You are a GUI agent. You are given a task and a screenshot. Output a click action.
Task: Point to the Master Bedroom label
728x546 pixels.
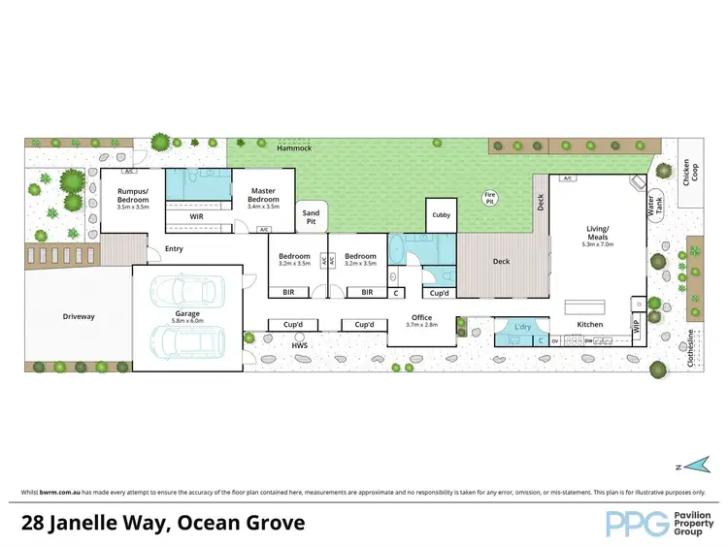pos(263,195)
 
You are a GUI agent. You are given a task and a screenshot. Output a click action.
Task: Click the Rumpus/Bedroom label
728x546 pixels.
pos(132,195)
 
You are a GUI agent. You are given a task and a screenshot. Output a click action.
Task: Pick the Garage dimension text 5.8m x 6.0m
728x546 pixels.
pos(186,320)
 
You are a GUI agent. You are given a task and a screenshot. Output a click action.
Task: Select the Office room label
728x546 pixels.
pos(421,317)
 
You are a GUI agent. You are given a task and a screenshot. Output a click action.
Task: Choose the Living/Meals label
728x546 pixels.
pos(596,234)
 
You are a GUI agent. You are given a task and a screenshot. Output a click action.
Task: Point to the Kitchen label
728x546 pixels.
pos(590,324)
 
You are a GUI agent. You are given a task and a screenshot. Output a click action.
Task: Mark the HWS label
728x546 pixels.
pos(300,344)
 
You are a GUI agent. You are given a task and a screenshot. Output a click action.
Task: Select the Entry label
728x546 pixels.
pos(174,248)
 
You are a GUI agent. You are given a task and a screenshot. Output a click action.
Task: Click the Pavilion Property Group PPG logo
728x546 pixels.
pos(659,523)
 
